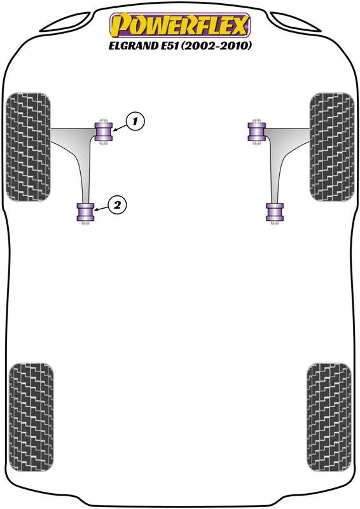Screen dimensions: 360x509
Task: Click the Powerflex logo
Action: [x=180, y=25]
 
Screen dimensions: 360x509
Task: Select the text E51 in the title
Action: [x=170, y=46]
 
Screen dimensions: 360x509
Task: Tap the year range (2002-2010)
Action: [x=216, y=46]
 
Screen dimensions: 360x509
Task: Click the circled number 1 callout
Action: [x=135, y=122]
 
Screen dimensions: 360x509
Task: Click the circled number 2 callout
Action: [x=117, y=205]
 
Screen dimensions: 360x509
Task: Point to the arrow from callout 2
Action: [x=101, y=209]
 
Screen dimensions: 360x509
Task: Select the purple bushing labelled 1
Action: [x=104, y=132]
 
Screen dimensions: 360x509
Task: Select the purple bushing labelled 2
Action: [x=85, y=212]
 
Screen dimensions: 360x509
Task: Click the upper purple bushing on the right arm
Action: [x=257, y=132]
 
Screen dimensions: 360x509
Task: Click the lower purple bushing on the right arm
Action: [x=275, y=212]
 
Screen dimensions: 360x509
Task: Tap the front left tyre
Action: [x=29, y=147]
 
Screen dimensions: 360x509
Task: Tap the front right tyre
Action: [x=332, y=147]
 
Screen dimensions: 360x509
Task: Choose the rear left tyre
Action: [x=32, y=417]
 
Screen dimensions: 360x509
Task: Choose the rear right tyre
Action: [x=329, y=417]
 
